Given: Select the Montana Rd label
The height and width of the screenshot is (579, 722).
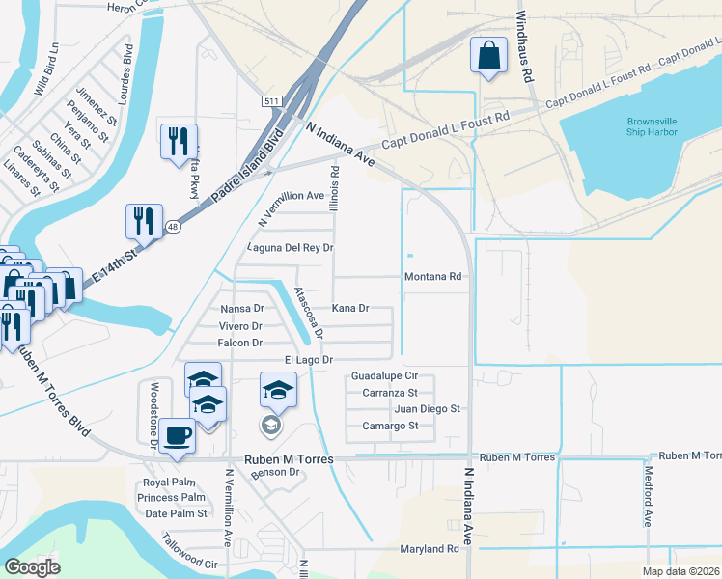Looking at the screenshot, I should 432,277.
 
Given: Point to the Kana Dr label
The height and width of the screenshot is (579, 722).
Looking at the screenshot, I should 350,309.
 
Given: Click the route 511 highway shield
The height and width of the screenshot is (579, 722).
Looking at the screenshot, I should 273,101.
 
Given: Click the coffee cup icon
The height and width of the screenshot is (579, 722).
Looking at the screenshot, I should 177,436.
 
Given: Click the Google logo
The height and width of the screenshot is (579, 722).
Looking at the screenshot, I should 32,567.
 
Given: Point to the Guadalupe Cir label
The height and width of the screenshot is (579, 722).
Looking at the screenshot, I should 383,375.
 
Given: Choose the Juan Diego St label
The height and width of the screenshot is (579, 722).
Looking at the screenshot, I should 428,408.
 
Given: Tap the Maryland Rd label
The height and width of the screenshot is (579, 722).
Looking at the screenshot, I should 430,549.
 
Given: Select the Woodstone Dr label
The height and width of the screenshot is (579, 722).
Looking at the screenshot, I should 153,415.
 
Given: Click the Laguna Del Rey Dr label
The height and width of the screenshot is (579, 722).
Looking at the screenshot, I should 290,248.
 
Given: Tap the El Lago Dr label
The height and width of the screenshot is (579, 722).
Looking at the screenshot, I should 308,360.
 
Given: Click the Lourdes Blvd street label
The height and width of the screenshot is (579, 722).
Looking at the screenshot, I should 127,67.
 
